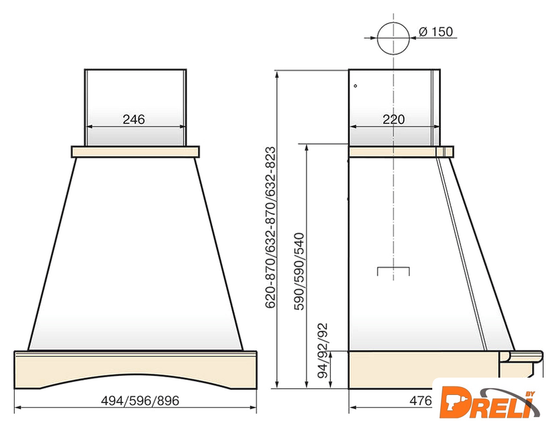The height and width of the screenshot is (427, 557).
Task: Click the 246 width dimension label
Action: [x=134, y=119]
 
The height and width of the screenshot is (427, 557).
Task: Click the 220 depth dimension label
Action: [x=394, y=119]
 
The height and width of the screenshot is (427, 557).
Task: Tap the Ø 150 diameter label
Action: [x=436, y=31]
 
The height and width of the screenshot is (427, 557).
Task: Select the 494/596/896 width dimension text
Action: [x=140, y=401]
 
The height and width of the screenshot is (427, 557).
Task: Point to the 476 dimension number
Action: [x=421, y=401]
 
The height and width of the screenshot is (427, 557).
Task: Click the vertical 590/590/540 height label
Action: [x=300, y=272]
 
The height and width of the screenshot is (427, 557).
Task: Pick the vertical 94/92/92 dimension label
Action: [x=323, y=351]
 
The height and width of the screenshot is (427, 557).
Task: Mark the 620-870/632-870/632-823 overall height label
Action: [x=271, y=228]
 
